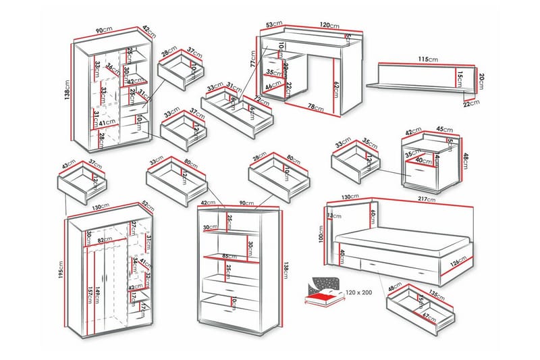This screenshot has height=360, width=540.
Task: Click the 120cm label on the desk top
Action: (330, 26)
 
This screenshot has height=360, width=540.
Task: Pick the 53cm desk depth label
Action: (273, 26)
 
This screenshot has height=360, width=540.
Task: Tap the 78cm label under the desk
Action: (311, 107)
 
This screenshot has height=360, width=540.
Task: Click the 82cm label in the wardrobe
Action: (104, 239)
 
